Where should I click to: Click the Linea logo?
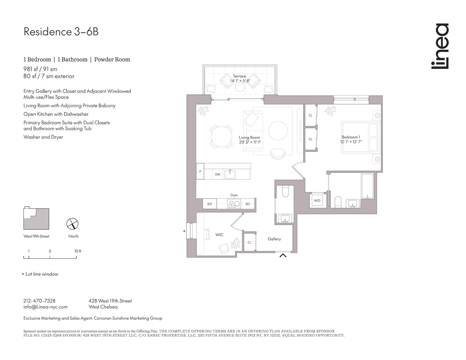(440, 46)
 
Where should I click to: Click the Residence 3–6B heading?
(61, 32)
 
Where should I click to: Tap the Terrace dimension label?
(239, 78)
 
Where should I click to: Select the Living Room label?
(249, 140)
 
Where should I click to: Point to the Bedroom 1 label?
(351, 139)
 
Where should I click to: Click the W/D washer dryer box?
(317, 201)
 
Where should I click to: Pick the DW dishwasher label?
(218, 174)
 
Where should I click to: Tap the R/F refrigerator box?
(210, 204)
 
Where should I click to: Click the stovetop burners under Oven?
(234, 204)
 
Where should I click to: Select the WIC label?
(219, 235)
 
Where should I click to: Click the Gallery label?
(274, 239)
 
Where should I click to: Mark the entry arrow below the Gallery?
(283, 256)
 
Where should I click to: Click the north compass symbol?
(73, 224)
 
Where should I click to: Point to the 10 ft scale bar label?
(78, 251)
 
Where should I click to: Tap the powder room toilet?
(285, 191)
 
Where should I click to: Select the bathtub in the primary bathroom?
(367, 186)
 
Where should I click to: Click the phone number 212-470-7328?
(39, 301)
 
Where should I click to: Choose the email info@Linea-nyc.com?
(45, 307)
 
